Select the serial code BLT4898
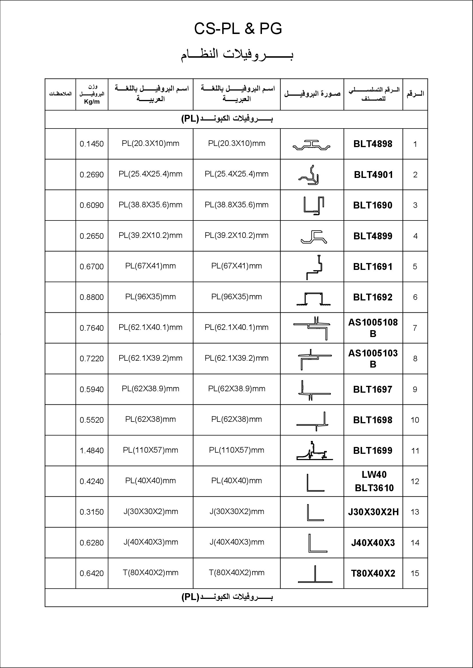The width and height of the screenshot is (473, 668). pyautogui.click(x=373, y=144)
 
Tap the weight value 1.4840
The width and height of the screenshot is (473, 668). pyautogui.click(x=92, y=451)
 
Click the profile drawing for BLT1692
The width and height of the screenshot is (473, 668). pyautogui.click(x=313, y=298)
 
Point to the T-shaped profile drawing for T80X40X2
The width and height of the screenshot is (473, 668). pyautogui.click(x=315, y=574)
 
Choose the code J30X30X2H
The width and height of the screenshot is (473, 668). pyautogui.click(x=373, y=512)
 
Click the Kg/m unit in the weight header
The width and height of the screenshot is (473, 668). pyautogui.click(x=92, y=102)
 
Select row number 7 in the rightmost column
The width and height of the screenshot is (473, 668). pyautogui.click(x=415, y=328)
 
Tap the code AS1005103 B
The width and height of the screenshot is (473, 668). pyautogui.click(x=373, y=358)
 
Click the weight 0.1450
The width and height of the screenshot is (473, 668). pyautogui.click(x=92, y=144)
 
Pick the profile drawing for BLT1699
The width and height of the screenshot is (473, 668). pyautogui.click(x=314, y=451)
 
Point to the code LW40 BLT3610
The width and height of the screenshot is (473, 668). pyautogui.click(x=374, y=481)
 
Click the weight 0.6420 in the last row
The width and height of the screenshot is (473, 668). pyautogui.click(x=92, y=573)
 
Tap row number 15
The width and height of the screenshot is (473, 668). pyautogui.click(x=415, y=573)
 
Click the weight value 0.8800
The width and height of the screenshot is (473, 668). pyautogui.click(x=92, y=297)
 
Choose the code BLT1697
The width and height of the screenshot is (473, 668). pyautogui.click(x=373, y=389)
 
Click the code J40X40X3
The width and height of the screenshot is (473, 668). pyautogui.click(x=373, y=543)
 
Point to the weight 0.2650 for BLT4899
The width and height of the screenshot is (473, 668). pyautogui.click(x=92, y=236)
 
